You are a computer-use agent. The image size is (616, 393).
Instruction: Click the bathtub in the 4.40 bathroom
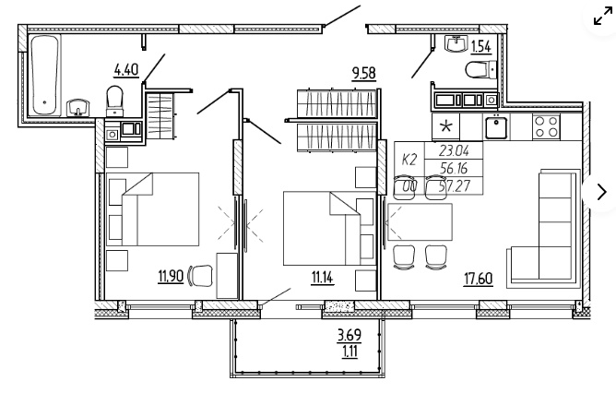(x=44, y=75)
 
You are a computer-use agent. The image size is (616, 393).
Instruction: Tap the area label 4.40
(x=126, y=70)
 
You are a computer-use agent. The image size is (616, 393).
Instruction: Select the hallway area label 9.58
(x=363, y=74)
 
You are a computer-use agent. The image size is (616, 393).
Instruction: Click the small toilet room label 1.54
(x=480, y=47)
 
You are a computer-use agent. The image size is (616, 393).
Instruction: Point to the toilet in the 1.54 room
(x=480, y=70)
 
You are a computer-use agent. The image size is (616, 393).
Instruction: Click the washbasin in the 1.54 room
(x=456, y=42)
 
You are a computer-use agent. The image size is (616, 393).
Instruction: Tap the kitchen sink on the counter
(x=496, y=126)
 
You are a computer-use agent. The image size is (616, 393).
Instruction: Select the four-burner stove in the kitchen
(x=546, y=127)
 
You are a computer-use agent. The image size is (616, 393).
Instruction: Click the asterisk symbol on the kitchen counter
(x=446, y=126)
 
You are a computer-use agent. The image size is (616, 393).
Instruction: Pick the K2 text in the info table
(x=409, y=160)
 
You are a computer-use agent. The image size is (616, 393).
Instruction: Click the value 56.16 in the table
(x=454, y=169)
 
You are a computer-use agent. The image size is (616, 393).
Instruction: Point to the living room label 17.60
(x=479, y=279)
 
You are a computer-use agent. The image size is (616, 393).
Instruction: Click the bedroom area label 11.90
(x=171, y=277)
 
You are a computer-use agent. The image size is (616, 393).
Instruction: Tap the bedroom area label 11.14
(x=322, y=278)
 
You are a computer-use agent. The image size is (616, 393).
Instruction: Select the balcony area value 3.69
(x=349, y=335)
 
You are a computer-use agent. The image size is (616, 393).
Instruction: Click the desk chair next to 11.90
(x=200, y=276)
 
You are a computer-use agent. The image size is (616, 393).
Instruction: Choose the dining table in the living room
(x=420, y=222)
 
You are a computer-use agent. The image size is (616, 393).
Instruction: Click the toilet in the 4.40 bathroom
(x=114, y=101)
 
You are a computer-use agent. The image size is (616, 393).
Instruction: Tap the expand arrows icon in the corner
(x=603, y=18)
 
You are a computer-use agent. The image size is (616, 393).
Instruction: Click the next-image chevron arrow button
(x=601, y=192)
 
